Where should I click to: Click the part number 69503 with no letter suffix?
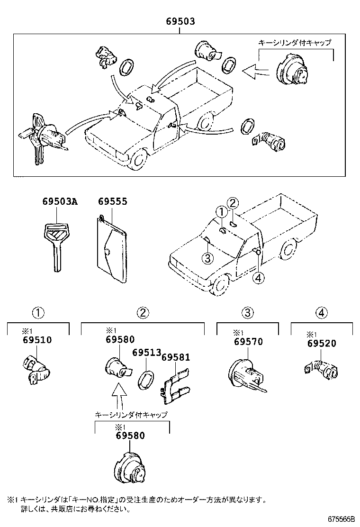180,22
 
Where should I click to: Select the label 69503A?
59,201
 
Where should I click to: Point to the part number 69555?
112,201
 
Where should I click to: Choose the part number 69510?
37,340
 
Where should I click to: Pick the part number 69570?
248,342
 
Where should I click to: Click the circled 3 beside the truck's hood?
207,258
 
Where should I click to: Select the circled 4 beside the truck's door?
258,278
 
